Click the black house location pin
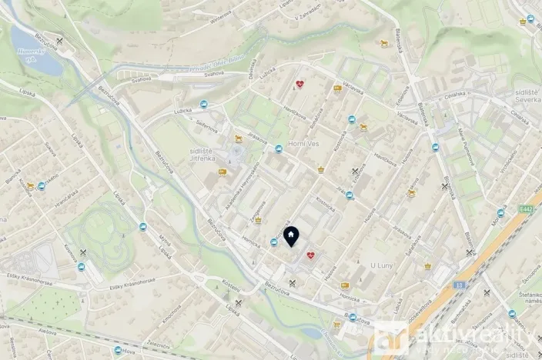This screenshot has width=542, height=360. [x=292, y=235]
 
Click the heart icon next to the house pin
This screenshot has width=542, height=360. [x=310, y=255]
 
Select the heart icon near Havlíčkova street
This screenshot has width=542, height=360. [x=300, y=85]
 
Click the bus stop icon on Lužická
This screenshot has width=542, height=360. [x=203, y=105]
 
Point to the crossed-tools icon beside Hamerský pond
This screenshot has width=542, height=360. [x=60, y=39]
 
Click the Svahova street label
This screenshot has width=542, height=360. [x=214, y=74]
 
